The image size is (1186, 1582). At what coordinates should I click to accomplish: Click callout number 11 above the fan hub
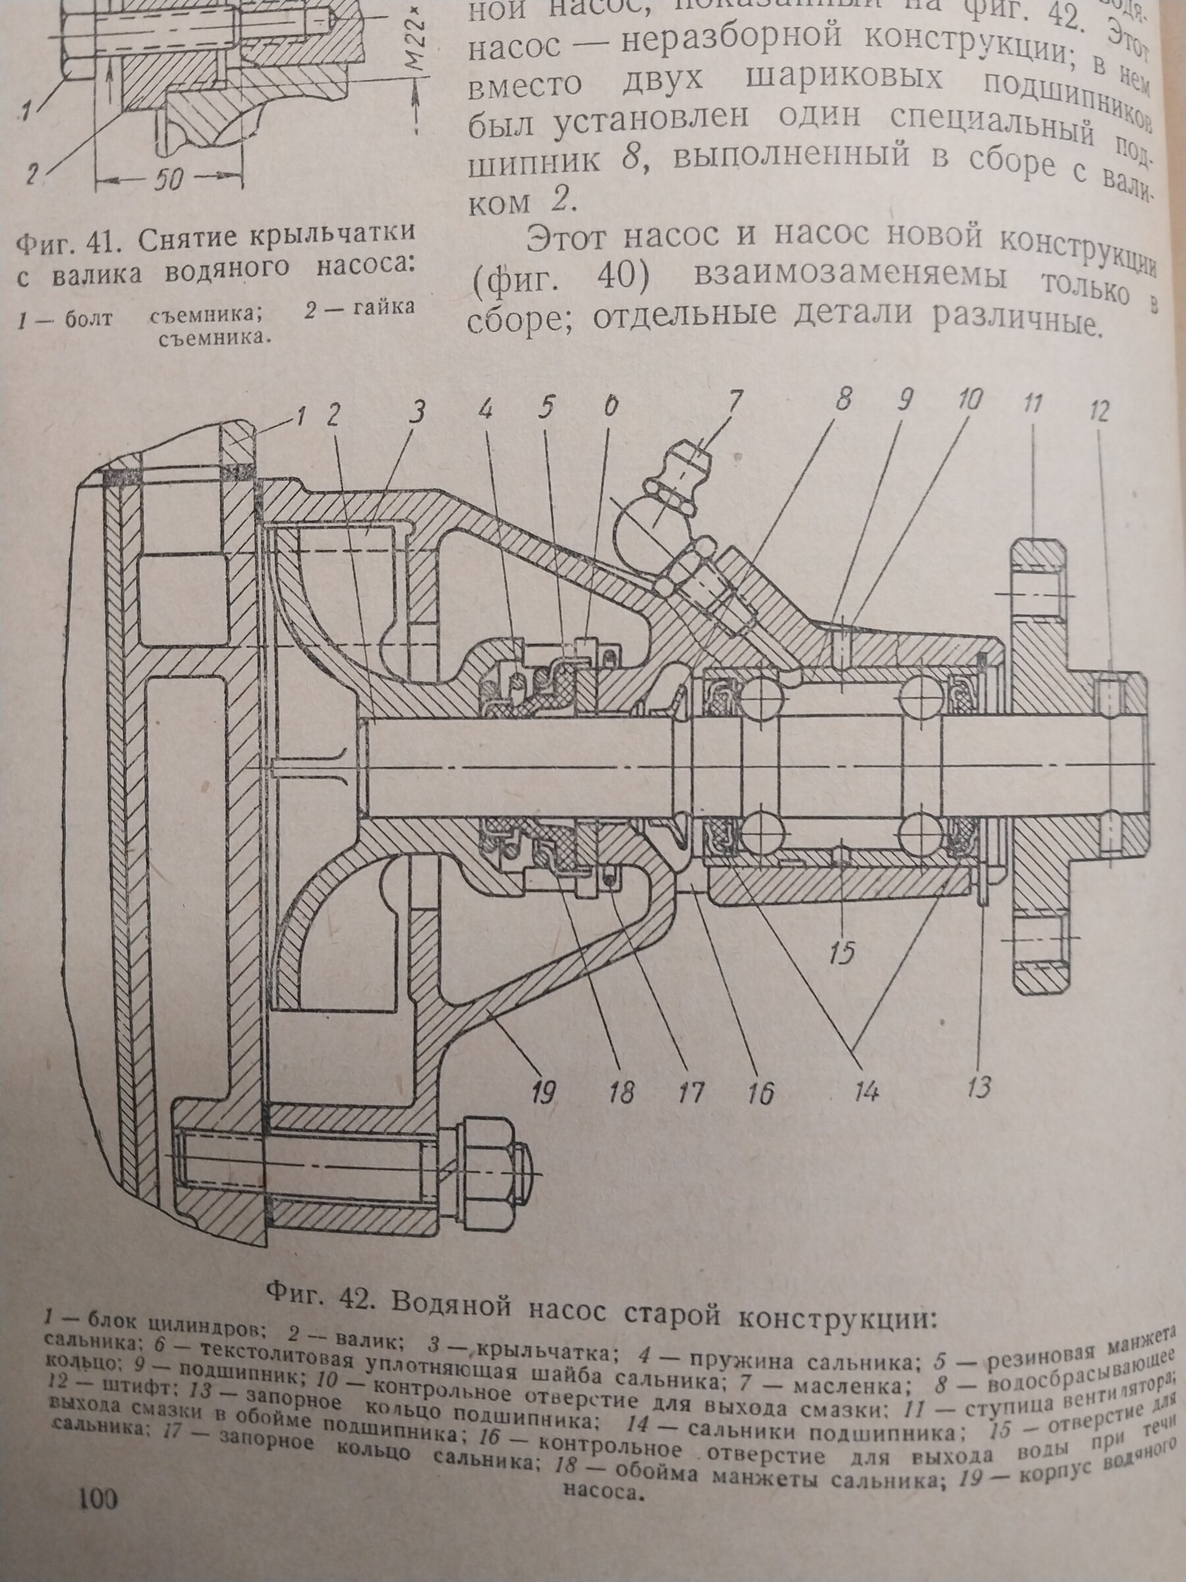coord(1035,406)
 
